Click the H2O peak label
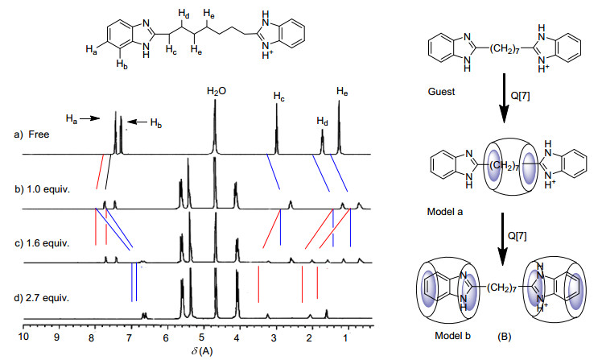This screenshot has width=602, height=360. [215, 93]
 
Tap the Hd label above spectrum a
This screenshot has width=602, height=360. [323, 122]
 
